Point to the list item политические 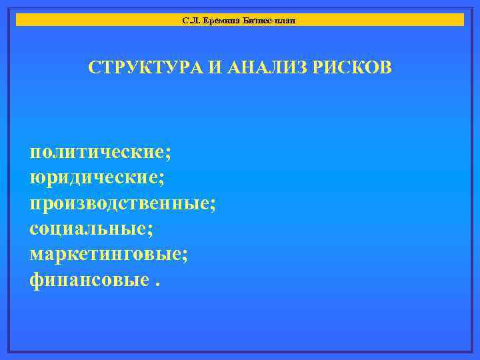pyautogui.click(x=97, y=153)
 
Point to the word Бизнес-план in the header pyautogui.click(x=270, y=21)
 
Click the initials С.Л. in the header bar pyautogui.click(x=190, y=21)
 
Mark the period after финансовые pyautogui.click(x=158, y=283)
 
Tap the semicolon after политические pyautogui.click(x=168, y=155)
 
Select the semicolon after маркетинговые pyautogui.click(x=185, y=257)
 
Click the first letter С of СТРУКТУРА pyautogui.click(x=95, y=68)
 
